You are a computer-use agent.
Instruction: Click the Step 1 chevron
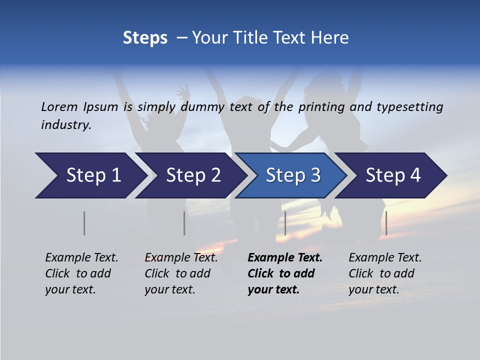click(92, 175)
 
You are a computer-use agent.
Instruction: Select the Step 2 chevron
click(192, 175)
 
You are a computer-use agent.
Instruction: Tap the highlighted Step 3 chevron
click(292, 175)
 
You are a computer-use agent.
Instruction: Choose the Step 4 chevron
click(392, 175)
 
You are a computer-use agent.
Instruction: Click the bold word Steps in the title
click(145, 38)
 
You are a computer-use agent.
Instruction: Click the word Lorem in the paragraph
click(59, 106)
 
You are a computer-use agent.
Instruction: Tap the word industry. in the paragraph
click(66, 125)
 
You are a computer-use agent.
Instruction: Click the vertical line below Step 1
click(84, 223)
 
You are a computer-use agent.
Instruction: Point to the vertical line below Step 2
click(184, 223)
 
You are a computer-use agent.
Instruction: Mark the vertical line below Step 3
click(285, 223)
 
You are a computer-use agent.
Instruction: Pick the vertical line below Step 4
click(386, 223)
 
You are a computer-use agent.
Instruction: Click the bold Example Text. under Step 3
click(285, 258)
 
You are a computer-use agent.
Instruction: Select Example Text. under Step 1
click(81, 258)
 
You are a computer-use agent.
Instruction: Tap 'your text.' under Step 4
click(373, 289)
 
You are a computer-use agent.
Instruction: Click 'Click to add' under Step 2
click(177, 273)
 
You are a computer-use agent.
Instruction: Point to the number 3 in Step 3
click(315, 175)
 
